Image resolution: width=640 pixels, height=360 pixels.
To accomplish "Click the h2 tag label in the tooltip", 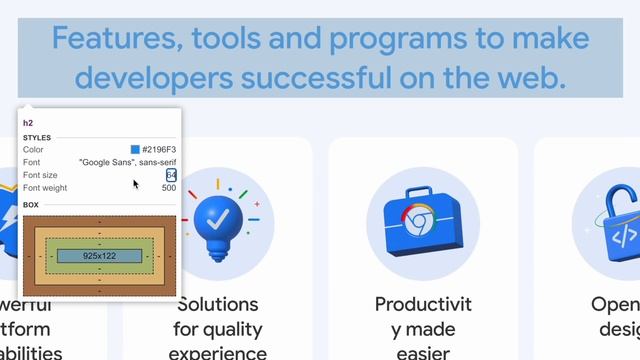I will click(x=28, y=123).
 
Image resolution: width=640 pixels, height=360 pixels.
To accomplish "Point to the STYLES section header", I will click(x=37, y=138).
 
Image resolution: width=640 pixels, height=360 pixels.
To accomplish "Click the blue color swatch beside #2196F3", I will click(x=135, y=150).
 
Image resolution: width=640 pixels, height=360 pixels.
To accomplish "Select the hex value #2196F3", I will click(x=158, y=150).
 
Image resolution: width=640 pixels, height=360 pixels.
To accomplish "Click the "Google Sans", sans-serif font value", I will click(x=127, y=162).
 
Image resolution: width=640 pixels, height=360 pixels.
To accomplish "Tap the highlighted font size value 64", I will click(x=171, y=175).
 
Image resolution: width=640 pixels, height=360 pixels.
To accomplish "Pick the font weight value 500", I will click(x=168, y=187).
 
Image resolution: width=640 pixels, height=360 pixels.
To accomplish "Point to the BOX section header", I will click(x=31, y=204).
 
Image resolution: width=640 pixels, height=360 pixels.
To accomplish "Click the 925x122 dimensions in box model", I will click(x=99, y=256).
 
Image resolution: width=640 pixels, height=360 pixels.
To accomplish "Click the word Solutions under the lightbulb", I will click(x=217, y=304).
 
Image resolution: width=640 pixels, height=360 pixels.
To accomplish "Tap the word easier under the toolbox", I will click(x=423, y=352).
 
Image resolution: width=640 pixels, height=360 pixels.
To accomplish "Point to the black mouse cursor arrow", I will click(x=136, y=184).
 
